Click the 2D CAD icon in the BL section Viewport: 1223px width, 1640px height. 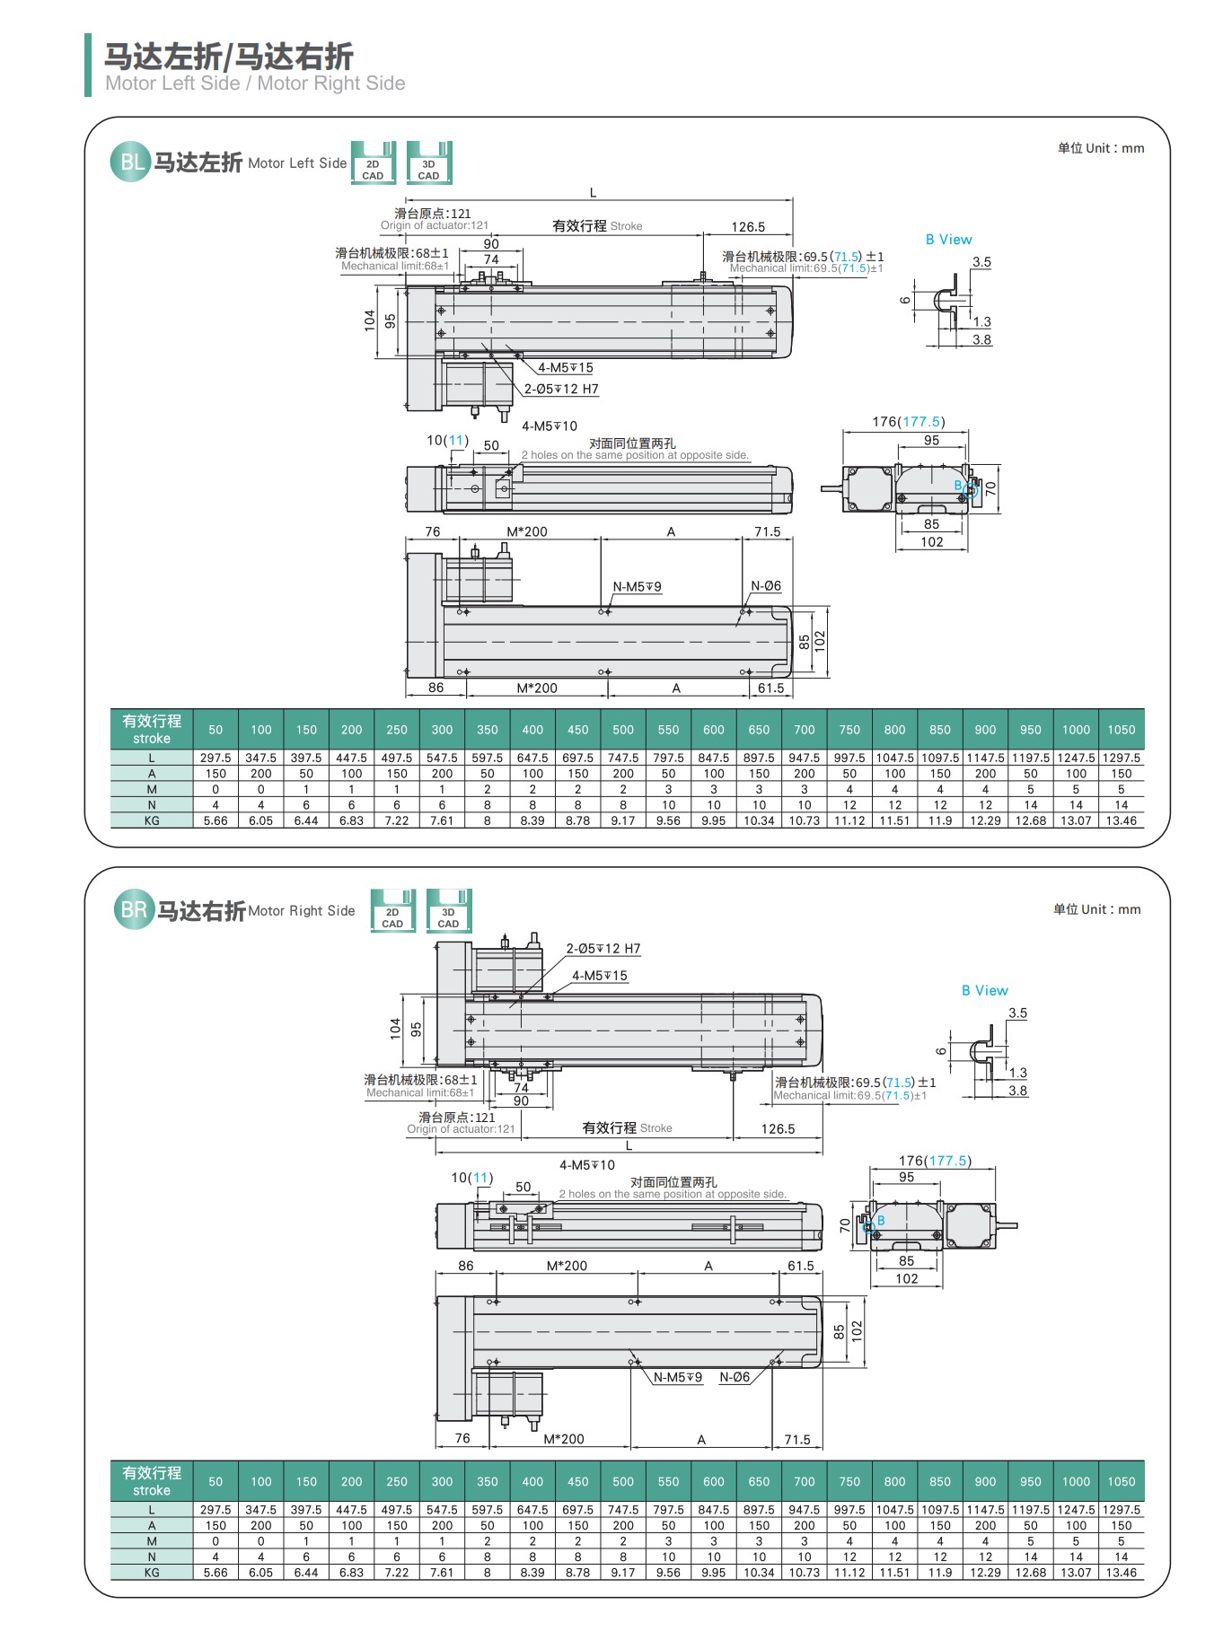(x=373, y=163)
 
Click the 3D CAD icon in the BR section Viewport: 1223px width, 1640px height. (x=448, y=911)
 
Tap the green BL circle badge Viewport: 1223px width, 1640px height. (x=130, y=162)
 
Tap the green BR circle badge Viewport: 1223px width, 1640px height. (x=134, y=910)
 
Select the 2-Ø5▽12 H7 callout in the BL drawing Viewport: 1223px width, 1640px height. (x=561, y=389)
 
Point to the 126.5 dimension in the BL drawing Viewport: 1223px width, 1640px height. (x=748, y=227)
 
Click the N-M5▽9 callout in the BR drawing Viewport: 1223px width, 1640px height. (x=677, y=1377)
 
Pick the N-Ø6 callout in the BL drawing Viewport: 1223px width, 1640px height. (x=766, y=586)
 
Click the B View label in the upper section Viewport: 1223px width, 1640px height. (x=948, y=240)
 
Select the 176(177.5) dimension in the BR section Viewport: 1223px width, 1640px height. (x=935, y=1161)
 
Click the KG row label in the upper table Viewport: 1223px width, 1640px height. (x=152, y=820)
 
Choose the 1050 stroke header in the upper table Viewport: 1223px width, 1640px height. (x=1121, y=730)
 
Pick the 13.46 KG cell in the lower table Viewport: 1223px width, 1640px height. (x=1121, y=1573)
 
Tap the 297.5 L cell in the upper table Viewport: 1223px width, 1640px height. (x=216, y=758)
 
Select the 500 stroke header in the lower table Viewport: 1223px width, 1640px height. (x=623, y=1482)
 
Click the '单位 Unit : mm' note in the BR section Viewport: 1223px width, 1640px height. (x=1096, y=909)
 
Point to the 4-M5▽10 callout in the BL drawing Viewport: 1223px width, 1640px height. (x=550, y=426)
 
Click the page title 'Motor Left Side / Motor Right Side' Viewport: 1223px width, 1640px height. (x=255, y=83)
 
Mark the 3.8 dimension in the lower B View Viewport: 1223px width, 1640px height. (x=1017, y=1091)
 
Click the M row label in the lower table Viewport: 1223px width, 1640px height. (x=152, y=1541)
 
